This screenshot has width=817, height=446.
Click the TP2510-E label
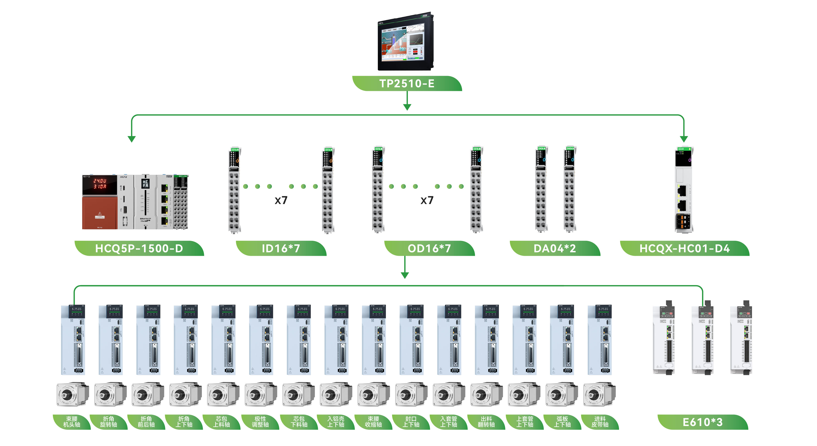(x=407, y=83)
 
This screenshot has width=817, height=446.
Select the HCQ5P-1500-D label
(x=139, y=248)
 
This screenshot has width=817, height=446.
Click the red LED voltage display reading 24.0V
(x=100, y=181)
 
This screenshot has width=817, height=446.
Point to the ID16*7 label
(x=281, y=248)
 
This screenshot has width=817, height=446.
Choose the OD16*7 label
(x=429, y=248)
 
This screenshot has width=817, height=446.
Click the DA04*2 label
(x=555, y=248)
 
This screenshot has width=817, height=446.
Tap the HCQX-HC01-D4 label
(x=684, y=248)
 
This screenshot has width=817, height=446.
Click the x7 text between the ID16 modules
(x=281, y=200)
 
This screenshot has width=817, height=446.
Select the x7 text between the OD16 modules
(x=427, y=200)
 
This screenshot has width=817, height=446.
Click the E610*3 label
(x=703, y=422)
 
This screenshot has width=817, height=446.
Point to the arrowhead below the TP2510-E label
(x=407, y=107)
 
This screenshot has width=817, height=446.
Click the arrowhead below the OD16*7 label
(x=405, y=275)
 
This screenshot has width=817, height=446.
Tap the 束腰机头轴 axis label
(x=72, y=422)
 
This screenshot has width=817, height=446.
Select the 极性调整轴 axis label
(x=260, y=422)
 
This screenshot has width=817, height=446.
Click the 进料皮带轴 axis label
(x=600, y=422)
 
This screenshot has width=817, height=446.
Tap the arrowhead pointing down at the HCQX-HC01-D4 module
(x=684, y=139)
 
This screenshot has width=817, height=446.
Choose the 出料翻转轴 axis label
(x=486, y=422)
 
